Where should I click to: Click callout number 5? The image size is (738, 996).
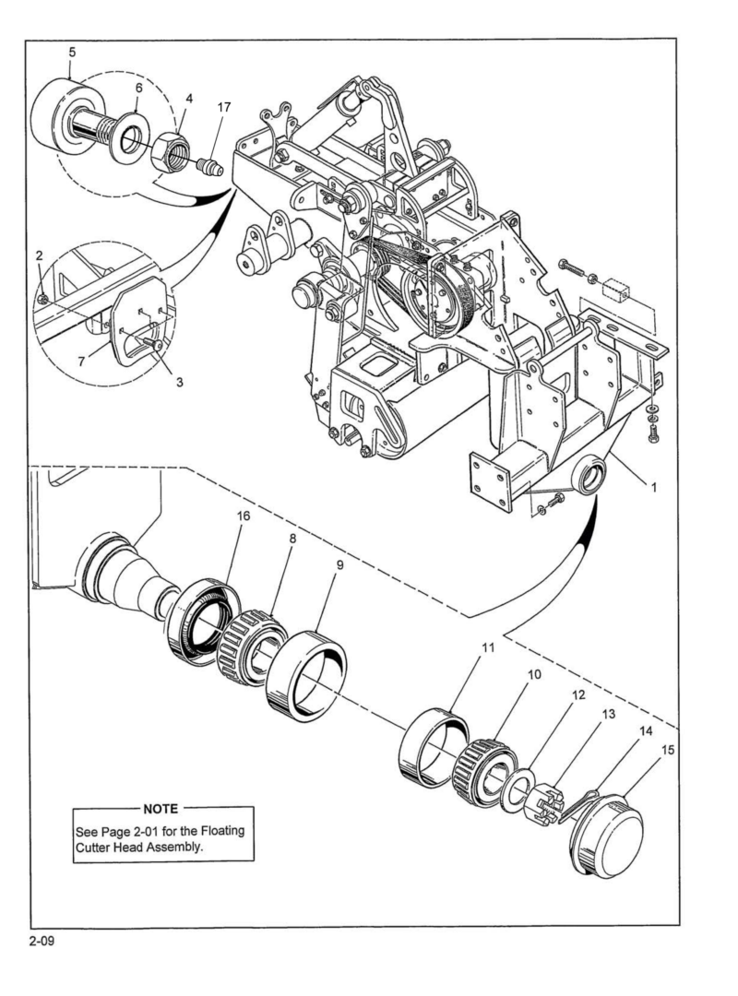click(72, 52)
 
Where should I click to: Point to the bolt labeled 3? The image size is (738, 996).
click(151, 342)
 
